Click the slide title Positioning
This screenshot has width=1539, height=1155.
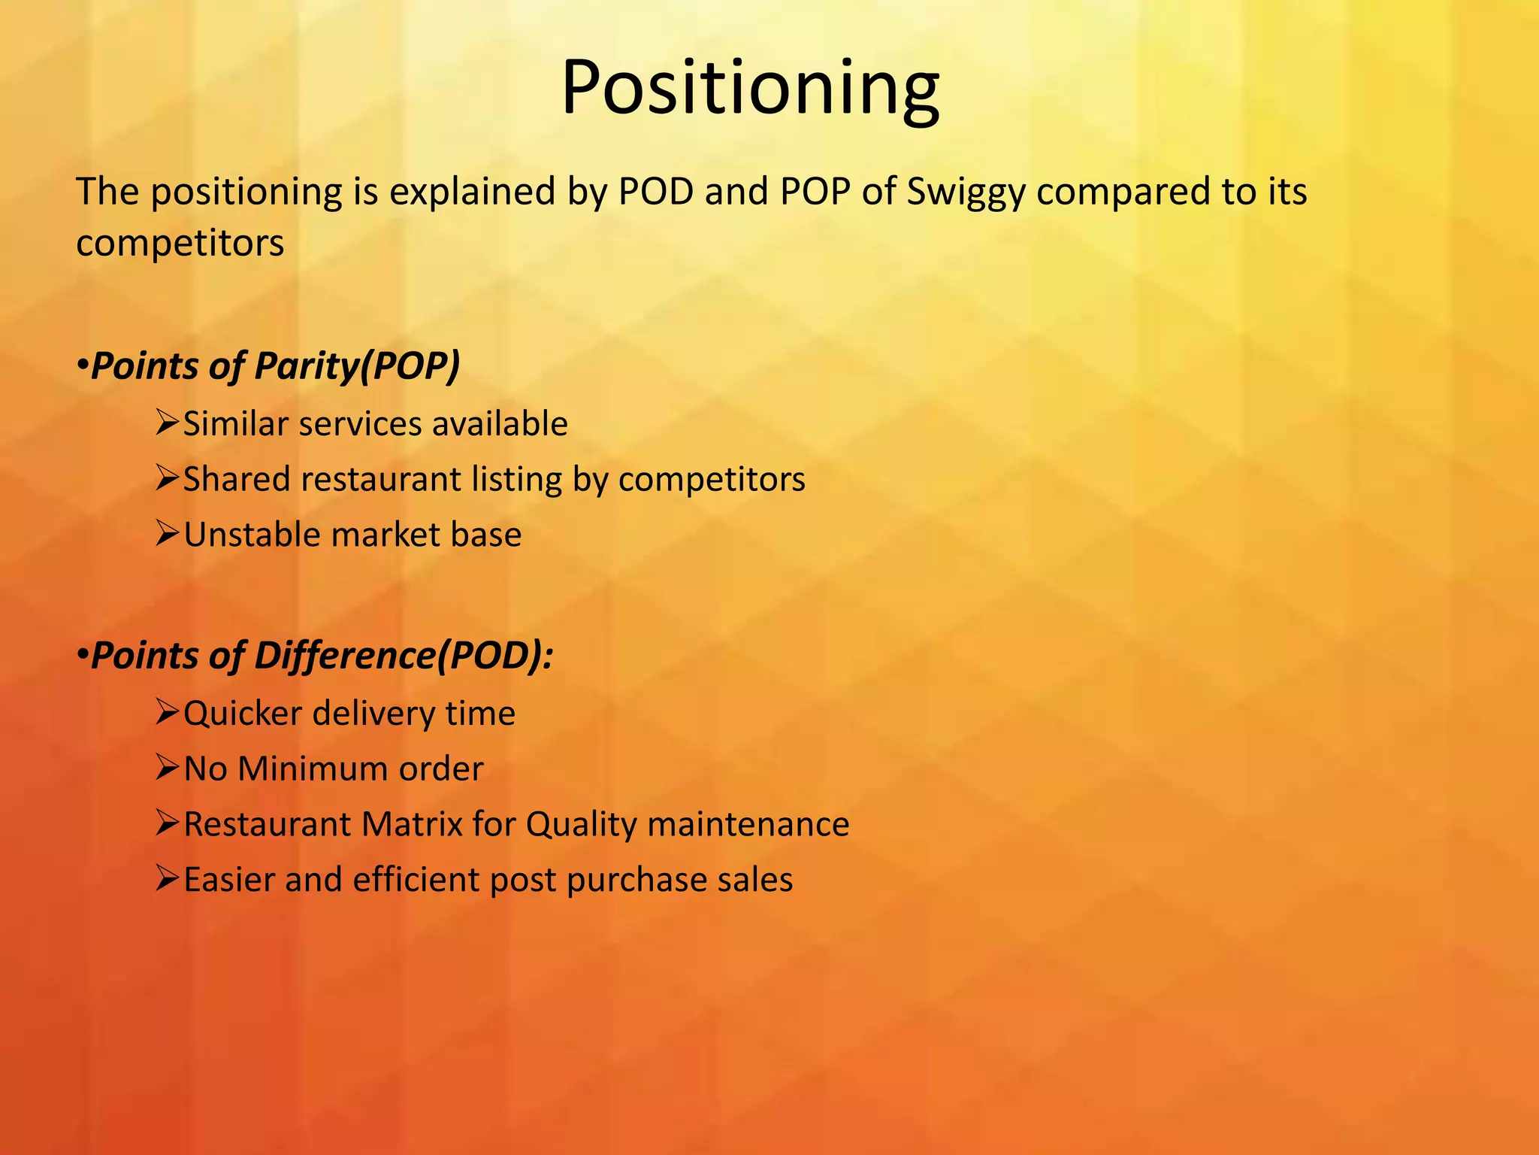[750, 87]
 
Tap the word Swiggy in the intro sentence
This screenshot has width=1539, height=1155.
[966, 192]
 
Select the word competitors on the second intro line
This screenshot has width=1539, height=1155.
[180, 244]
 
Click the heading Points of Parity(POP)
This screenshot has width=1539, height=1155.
[274, 366]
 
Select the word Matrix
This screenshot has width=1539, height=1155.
[412, 824]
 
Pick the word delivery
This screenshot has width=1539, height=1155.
[373, 714]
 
